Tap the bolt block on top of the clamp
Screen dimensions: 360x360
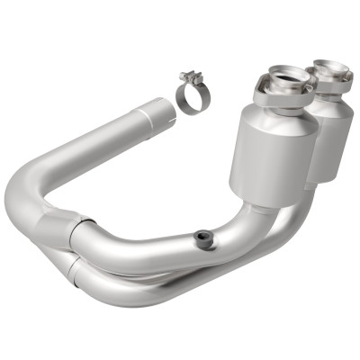(188, 78)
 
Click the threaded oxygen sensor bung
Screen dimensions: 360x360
(205, 239)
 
